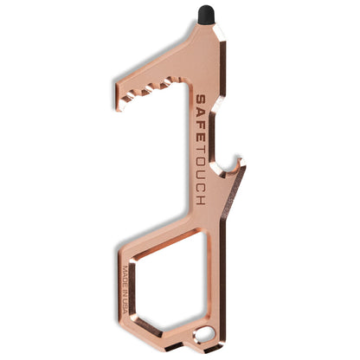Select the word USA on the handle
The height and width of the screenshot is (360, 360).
tap(125, 306)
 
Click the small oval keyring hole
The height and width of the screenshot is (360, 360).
tap(205, 335)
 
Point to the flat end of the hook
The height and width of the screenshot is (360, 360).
tap(119, 97)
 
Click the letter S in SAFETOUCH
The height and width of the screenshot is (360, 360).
tap(201, 100)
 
